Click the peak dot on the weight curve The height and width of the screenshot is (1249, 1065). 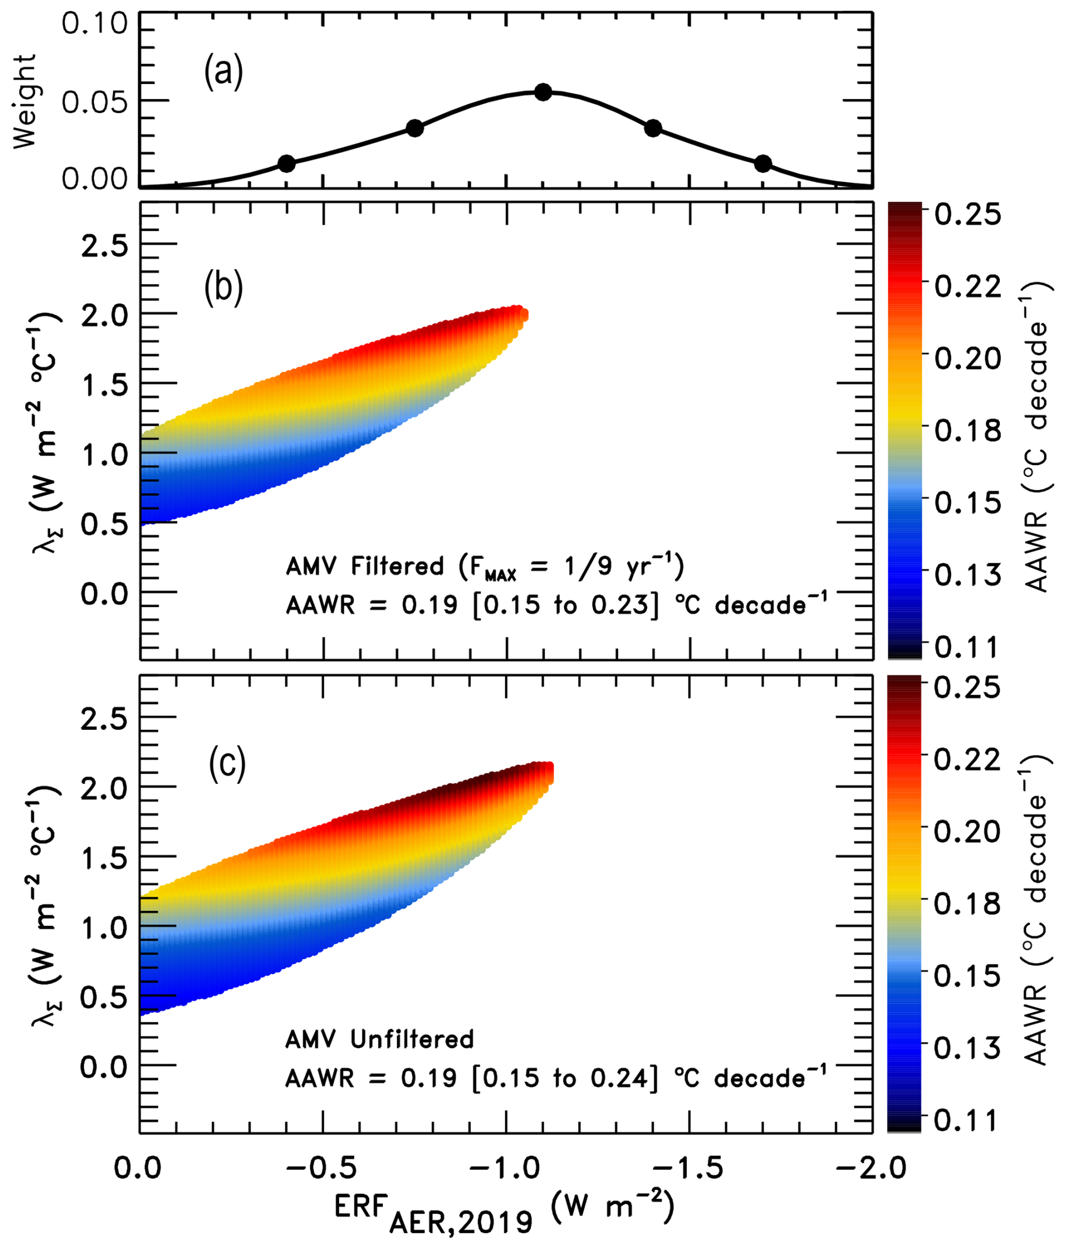pos(543,92)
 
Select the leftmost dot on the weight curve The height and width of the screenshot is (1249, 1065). pos(287,163)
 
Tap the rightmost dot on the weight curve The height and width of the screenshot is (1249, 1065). pos(763,163)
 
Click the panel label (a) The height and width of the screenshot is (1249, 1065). pos(223,72)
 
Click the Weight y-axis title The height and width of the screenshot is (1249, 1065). pos(25,101)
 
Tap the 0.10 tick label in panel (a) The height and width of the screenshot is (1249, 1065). pos(95,24)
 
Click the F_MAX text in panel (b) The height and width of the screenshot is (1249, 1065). pos(487,568)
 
